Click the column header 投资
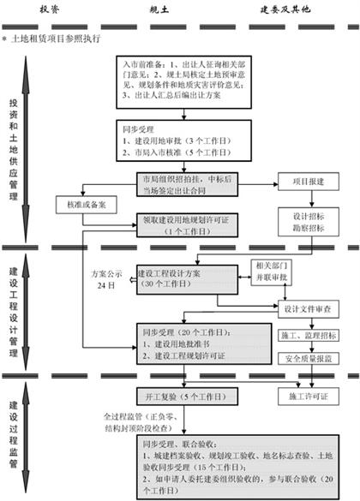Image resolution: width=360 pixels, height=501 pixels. coord(50,8)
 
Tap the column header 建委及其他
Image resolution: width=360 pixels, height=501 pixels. coord(285,8)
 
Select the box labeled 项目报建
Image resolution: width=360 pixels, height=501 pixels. coord(300,182)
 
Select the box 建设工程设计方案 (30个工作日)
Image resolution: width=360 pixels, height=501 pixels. coord(183,279)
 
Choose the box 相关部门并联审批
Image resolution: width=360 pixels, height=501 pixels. coord(274,272)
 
